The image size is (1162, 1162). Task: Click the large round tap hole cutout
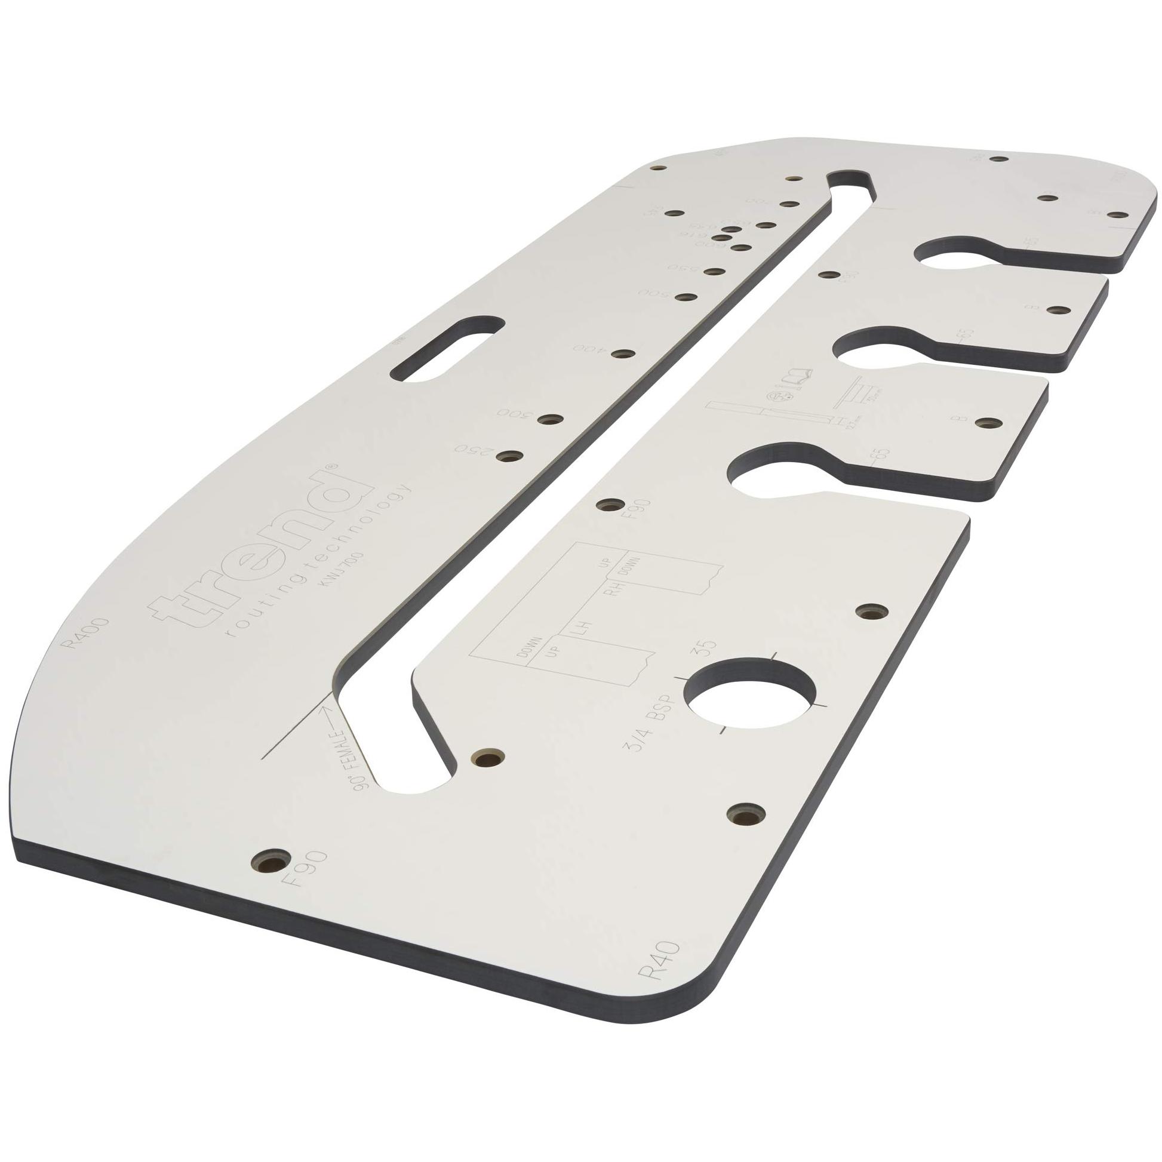click(x=751, y=697)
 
